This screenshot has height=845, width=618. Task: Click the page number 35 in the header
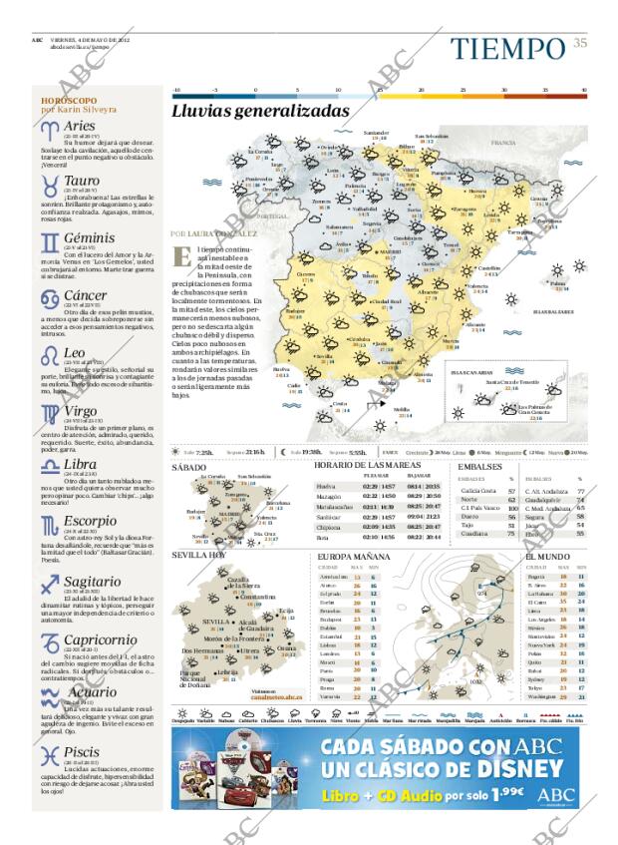[x=580, y=42]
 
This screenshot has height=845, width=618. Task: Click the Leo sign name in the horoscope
[x=74, y=353]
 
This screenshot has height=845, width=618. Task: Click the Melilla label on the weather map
[x=402, y=410]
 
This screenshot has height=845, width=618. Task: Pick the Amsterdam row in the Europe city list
[x=334, y=577]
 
